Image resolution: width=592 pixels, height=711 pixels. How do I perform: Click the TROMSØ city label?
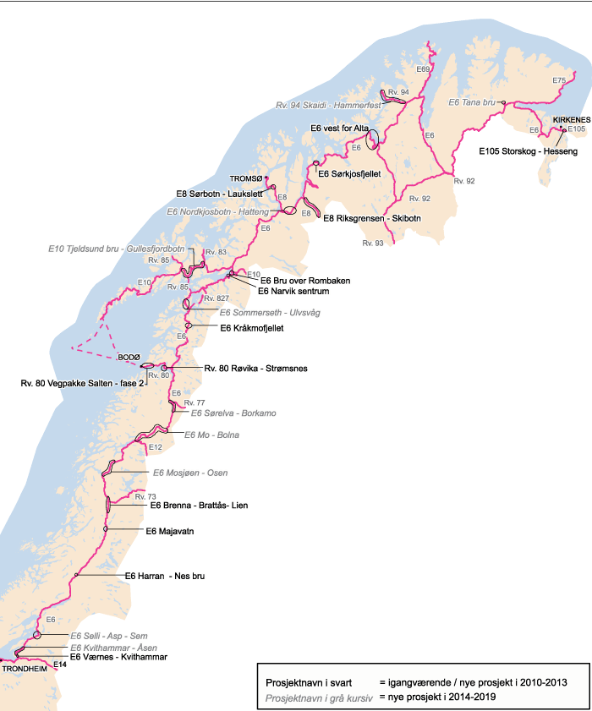pyautogui.click(x=247, y=178)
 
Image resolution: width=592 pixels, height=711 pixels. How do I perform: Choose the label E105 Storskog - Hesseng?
pyautogui.click(x=528, y=152)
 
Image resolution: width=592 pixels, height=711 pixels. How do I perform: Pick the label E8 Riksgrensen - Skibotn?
pyautogui.click(x=372, y=217)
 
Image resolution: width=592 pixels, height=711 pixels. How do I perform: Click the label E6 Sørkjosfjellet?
pyautogui.click(x=351, y=173)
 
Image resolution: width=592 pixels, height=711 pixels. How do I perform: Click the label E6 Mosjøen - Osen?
pyautogui.click(x=189, y=472)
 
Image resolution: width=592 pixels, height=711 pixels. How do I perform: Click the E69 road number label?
pyautogui.click(x=424, y=68)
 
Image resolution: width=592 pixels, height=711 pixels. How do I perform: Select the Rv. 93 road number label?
pyautogui.click(x=372, y=243)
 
